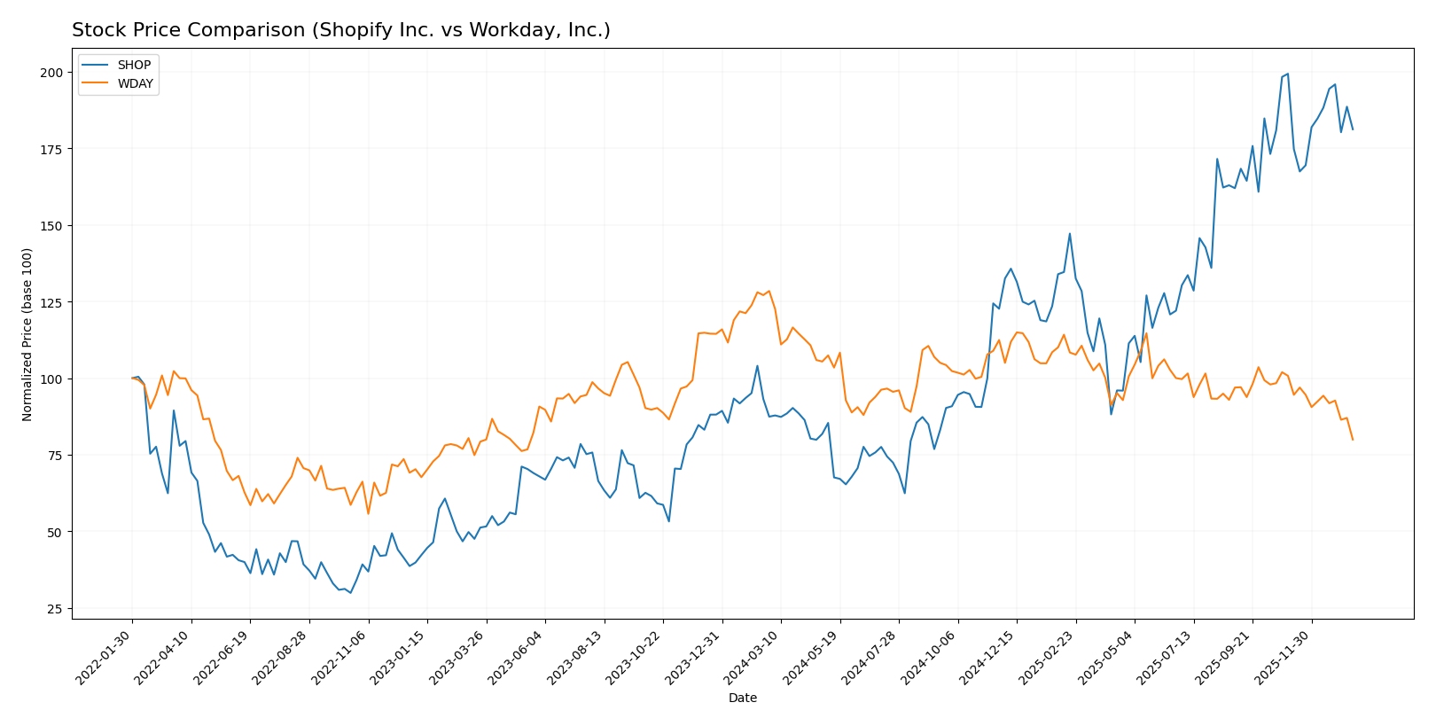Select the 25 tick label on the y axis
pyautogui.click(x=54, y=609)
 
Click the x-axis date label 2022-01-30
pyautogui.click(x=105, y=657)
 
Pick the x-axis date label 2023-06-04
pyautogui.click(x=518, y=657)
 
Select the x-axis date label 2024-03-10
pyautogui.click(x=753, y=657)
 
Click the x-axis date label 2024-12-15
pyautogui.click(x=989, y=657)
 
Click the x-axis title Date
pyautogui.click(x=742, y=699)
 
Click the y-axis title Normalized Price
pyautogui.click(x=27, y=334)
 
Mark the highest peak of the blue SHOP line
pyautogui.click(x=1287, y=74)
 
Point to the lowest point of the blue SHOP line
pyautogui.click(x=350, y=593)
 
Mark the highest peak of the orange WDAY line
pyautogui.click(x=769, y=291)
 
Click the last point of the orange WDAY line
pyautogui.click(x=1353, y=440)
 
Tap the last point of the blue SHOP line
pyautogui.click(x=1353, y=129)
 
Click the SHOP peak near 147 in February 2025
pyautogui.click(x=1070, y=234)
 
